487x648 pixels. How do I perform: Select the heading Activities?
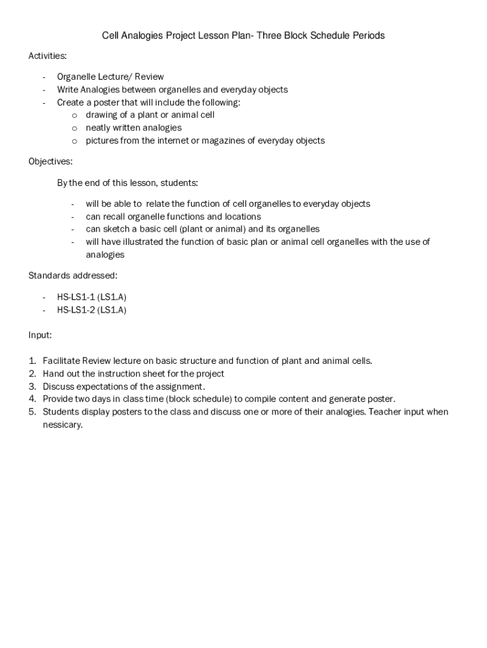47,56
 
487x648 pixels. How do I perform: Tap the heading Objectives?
51,161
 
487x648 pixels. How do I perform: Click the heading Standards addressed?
73,275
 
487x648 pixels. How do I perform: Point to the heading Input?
40,335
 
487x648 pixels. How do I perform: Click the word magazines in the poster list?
229,140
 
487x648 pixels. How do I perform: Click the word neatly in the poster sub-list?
99,128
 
